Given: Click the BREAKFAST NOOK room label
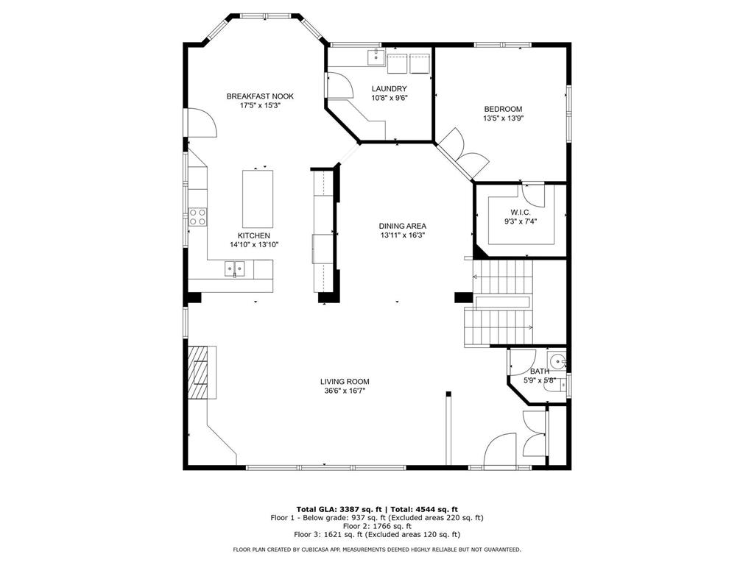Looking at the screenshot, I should coord(260,96).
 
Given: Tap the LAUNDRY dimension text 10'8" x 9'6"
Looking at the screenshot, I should coord(390,98).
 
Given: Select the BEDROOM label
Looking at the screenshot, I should coord(503,109).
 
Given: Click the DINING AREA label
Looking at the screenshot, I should coord(403,226).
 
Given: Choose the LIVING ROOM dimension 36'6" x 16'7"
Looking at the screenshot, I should coord(345,391).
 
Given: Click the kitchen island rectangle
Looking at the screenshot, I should coord(258,199).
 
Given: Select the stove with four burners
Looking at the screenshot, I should coord(197,216).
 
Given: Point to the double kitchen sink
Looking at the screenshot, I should coord(235,268).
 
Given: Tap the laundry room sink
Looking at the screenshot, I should coord(373,54).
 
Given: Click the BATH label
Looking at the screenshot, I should coord(539,372).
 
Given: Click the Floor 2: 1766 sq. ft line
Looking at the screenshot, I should coord(377,526).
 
